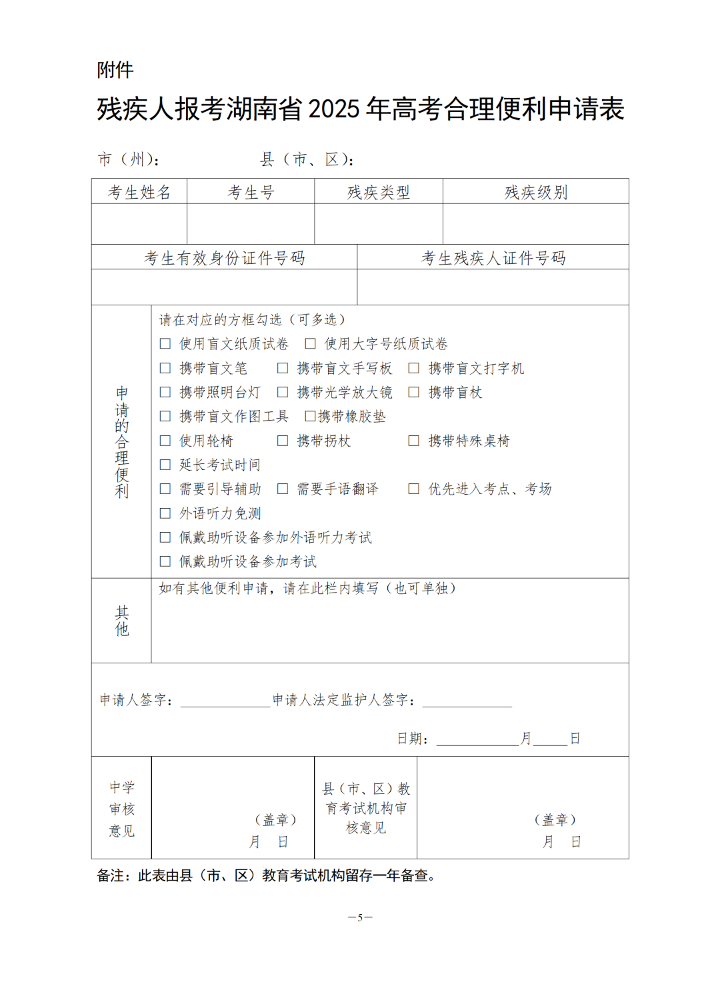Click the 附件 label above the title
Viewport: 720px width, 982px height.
[x=115, y=70]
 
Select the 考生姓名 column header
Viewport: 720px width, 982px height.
[x=139, y=193]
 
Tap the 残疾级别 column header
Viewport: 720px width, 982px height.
[x=536, y=193]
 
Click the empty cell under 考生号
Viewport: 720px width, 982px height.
[x=251, y=224]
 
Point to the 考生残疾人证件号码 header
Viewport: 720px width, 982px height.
[x=493, y=258]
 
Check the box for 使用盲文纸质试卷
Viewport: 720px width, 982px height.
[x=165, y=344]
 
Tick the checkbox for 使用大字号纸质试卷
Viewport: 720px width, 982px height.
[x=310, y=344]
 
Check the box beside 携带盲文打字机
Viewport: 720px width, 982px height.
[x=414, y=368]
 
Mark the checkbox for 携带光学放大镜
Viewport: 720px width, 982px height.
[x=283, y=392]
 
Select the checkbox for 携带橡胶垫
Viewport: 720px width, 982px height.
[x=310, y=417]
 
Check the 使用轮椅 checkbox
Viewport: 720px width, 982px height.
[x=165, y=441]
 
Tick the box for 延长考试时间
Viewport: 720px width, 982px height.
[x=165, y=465]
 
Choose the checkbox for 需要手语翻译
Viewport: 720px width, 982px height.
[x=283, y=489]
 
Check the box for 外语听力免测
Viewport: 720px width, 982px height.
[x=165, y=513]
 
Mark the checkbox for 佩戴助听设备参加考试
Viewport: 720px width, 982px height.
[x=165, y=561]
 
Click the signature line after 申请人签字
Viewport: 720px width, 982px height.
[x=225, y=703]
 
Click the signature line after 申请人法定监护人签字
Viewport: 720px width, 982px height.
[x=467, y=703]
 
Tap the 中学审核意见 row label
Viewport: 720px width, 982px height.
[x=122, y=809]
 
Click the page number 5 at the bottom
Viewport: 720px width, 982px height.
[x=360, y=917]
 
